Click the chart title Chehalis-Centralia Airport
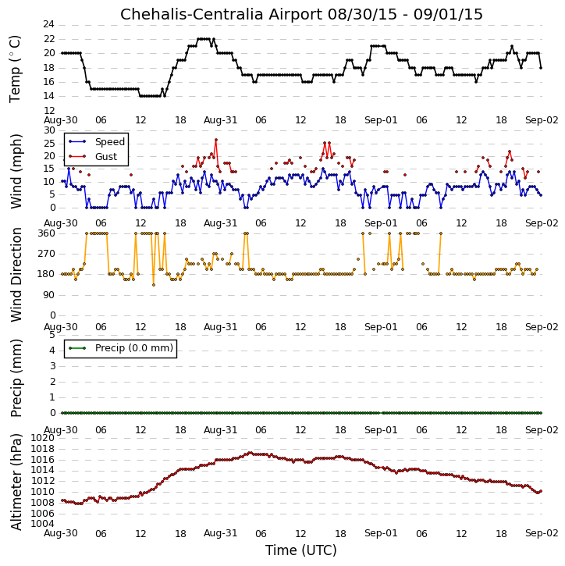point(221,14)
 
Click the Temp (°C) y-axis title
point(15,69)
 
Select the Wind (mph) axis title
point(16,171)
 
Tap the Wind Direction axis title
point(16,275)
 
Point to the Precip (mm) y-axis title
point(16,378)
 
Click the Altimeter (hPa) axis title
point(16,482)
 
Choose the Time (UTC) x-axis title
point(301,550)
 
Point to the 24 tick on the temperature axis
point(48,24)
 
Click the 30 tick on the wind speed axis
point(49,130)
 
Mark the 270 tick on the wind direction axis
point(47,254)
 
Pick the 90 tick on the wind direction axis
point(49,295)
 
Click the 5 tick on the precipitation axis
point(52,335)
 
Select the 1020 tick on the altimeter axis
point(43,438)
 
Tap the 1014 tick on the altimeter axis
point(43,470)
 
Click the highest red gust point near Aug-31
point(215,140)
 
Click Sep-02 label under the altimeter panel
point(542,533)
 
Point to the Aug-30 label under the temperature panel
point(61,120)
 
